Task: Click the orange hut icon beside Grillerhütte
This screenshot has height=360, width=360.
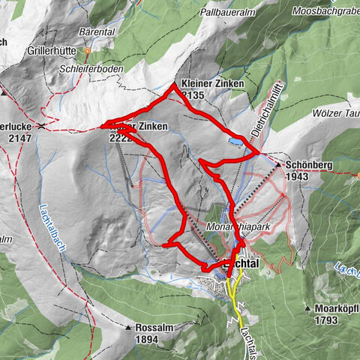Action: point(87,51)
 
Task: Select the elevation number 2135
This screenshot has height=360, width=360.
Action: point(193,95)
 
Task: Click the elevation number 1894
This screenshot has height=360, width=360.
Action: point(148,339)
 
